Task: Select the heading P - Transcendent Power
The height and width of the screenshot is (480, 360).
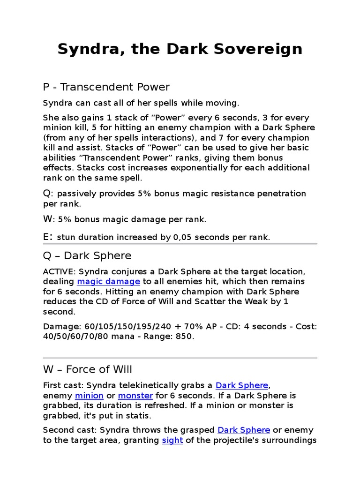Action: click(106, 87)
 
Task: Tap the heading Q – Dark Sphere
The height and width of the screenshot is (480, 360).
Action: click(87, 256)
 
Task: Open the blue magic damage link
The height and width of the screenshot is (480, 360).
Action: click(109, 281)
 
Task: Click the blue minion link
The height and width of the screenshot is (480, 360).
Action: click(89, 396)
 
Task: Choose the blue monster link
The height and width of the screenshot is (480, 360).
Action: click(135, 396)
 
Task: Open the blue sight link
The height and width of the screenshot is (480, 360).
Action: click(172, 441)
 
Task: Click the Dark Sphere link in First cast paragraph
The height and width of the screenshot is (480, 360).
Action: click(242, 385)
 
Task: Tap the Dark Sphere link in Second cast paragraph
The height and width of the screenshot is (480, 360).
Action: click(244, 430)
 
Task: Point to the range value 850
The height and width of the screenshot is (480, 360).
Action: click(184, 337)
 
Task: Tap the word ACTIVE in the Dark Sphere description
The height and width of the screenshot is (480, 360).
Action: click(59, 272)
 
